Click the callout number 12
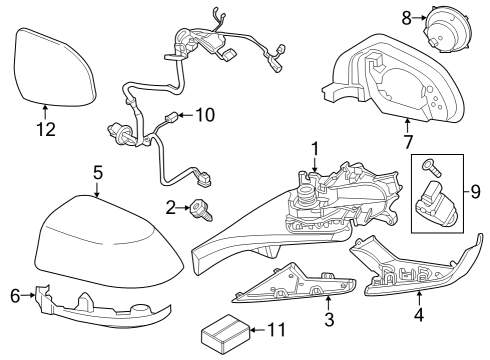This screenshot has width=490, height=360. point(44,128)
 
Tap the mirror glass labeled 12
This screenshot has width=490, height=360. point(54,65)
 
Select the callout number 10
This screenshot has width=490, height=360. point(204,115)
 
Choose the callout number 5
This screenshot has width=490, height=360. point(97,172)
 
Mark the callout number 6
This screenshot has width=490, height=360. point(14,295)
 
